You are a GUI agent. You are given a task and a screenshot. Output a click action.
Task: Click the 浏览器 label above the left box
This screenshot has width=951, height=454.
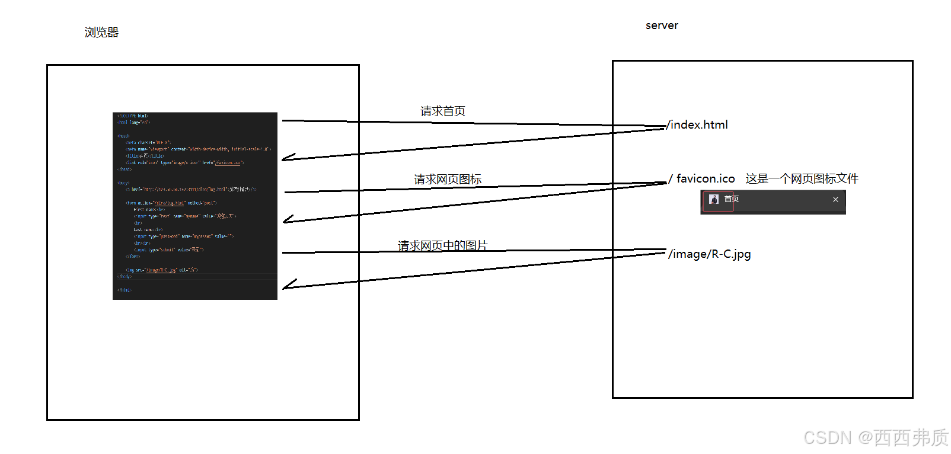tap(101, 33)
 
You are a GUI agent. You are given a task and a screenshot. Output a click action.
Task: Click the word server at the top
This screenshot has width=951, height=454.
tap(662, 25)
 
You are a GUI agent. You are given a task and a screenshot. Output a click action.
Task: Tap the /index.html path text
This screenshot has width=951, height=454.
tap(697, 125)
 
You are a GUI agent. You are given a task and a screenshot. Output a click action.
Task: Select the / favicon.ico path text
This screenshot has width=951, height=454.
tap(702, 179)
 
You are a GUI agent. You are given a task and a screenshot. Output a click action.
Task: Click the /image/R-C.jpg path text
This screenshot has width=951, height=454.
tap(709, 254)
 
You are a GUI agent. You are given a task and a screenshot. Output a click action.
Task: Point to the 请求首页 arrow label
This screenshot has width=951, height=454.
tap(443, 111)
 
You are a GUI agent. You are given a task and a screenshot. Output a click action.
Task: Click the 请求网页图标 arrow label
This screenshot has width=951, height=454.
tap(448, 180)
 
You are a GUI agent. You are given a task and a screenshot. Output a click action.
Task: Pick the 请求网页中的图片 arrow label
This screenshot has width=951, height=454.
tap(443, 246)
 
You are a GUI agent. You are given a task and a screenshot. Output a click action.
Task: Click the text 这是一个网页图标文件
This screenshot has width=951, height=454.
tap(802, 179)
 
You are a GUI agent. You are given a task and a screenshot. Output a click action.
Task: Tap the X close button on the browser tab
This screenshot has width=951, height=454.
tap(835, 200)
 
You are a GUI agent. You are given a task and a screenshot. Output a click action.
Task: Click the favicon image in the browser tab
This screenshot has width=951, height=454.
tap(714, 200)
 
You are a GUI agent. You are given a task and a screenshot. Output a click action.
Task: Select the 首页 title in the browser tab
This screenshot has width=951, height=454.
tap(732, 199)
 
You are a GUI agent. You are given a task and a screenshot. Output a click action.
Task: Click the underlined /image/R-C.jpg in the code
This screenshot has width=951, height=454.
tap(161, 270)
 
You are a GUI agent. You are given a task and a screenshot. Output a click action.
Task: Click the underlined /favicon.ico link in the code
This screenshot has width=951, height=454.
tap(228, 162)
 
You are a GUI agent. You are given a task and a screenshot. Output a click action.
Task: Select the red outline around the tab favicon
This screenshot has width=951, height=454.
tap(718, 201)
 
